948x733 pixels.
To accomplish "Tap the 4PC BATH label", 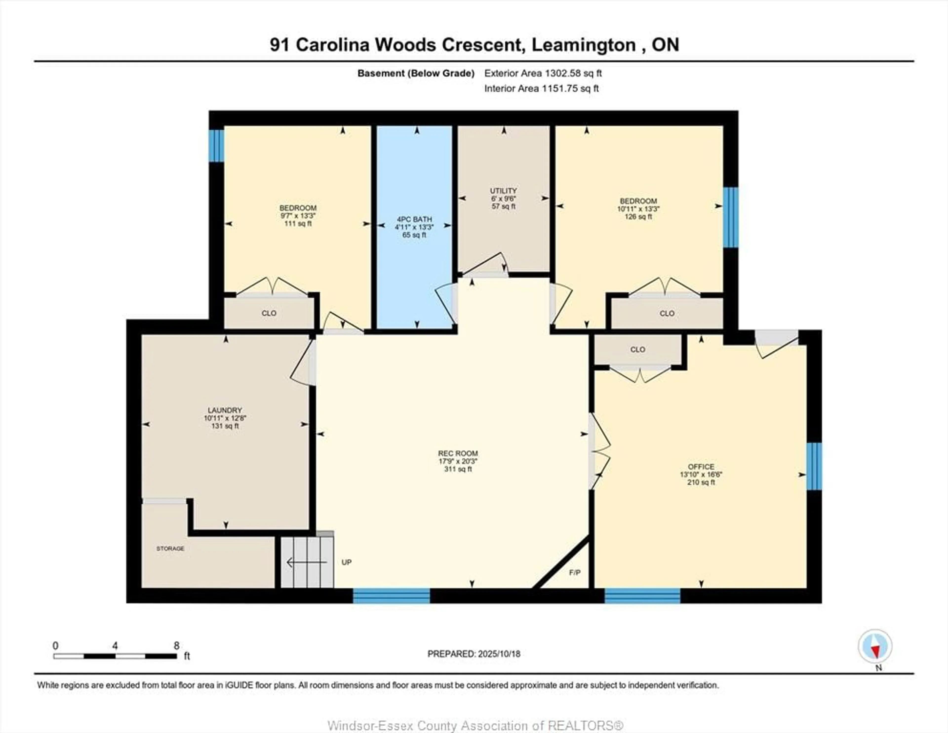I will (414, 219).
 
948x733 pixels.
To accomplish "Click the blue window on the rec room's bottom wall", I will (391, 596).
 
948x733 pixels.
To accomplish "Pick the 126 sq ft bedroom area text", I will (638, 216).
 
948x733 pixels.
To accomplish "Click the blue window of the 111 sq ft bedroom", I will (216, 146).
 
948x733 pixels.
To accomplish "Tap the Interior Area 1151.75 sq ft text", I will (541, 89).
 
